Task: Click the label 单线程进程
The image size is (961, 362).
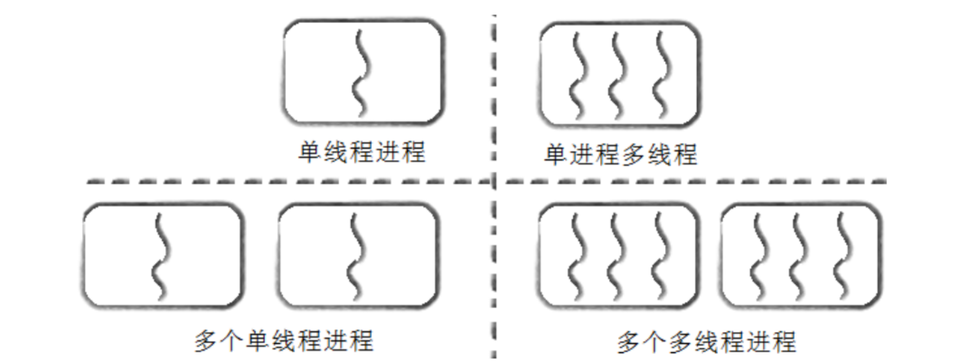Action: (x=362, y=152)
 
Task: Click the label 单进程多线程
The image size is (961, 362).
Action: (x=620, y=154)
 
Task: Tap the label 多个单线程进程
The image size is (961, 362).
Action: (x=283, y=341)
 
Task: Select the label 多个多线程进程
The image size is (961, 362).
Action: (x=706, y=342)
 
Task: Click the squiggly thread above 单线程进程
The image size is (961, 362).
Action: (x=362, y=73)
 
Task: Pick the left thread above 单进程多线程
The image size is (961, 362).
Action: (x=578, y=75)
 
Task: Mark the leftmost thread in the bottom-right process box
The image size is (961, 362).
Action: (x=758, y=257)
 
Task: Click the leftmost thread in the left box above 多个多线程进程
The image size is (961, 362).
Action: (x=576, y=257)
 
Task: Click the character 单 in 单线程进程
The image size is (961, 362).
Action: (x=309, y=152)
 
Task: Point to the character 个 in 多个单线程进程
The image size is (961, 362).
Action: (x=232, y=341)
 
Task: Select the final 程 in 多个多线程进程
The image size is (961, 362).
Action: (x=783, y=342)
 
